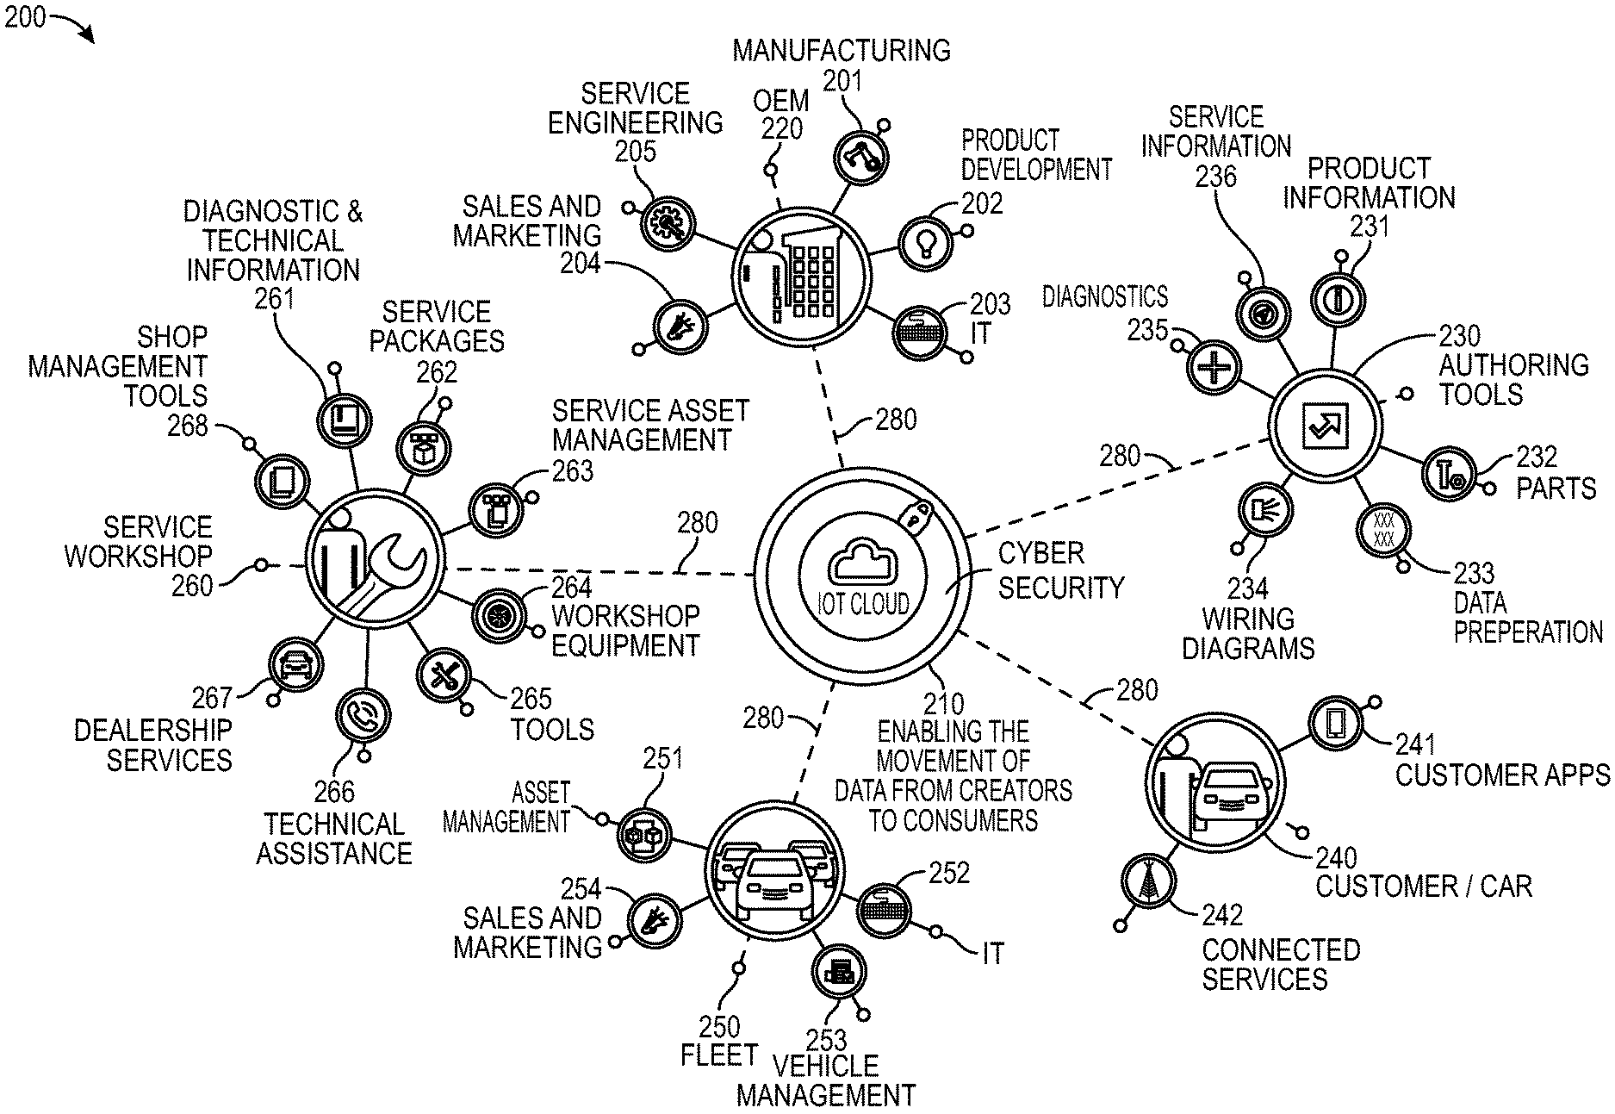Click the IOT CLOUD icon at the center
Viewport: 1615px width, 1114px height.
click(x=863, y=575)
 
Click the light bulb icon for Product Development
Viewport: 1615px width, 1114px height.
click(x=926, y=241)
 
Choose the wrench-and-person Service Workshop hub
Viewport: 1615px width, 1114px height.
click(x=376, y=560)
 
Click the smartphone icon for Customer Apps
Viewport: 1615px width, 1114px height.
click(x=1336, y=722)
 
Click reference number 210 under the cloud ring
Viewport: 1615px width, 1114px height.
click(x=942, y=703)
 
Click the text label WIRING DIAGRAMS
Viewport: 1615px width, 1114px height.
click(x=1248, y=633)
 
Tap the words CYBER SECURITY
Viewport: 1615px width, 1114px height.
click(x=1060, y=570)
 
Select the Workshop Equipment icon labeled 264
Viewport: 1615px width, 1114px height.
click(x=499, y=614)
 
